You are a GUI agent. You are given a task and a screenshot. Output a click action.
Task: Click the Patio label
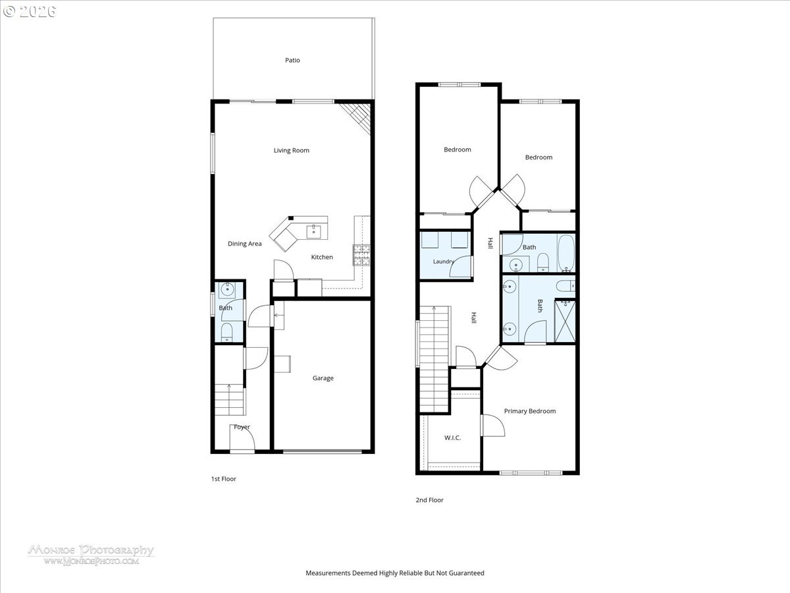292,60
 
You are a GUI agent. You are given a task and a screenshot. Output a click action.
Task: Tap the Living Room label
291,150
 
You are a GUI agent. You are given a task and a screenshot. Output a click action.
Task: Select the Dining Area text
245,244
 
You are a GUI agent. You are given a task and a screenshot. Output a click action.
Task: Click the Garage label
323,378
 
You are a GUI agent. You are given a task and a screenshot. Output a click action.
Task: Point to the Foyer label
242,427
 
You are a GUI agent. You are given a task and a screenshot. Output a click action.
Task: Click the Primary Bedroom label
530,411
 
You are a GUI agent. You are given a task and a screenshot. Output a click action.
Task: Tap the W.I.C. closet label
452,438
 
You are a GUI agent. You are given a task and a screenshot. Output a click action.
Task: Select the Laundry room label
444,262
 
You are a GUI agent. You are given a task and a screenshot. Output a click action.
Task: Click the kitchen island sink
314,231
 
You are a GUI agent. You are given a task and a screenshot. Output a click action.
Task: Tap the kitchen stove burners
361,255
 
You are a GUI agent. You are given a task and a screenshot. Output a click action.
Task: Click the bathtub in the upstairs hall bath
566,253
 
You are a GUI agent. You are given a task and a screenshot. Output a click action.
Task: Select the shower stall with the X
565,321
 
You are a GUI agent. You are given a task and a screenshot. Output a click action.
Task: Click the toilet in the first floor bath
226,332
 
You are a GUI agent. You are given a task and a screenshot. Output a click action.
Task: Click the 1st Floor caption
223,479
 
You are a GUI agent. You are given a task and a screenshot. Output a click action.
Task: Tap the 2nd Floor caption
429,499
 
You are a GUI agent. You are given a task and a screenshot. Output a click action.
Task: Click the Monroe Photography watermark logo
91,555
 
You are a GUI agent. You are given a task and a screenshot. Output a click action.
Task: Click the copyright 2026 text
30,11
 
